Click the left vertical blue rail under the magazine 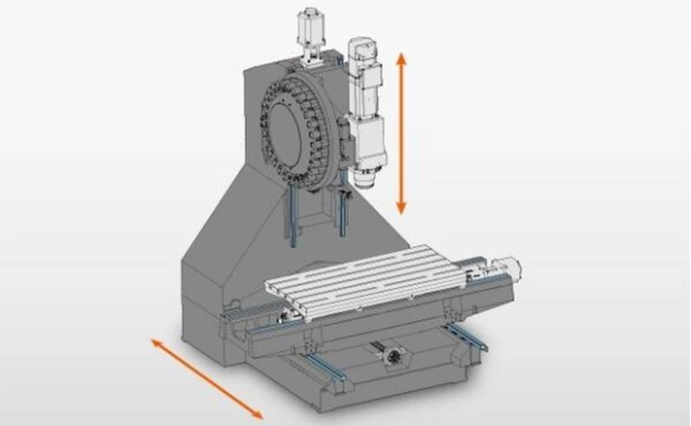[292, 217]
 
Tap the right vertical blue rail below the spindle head [343, 212]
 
